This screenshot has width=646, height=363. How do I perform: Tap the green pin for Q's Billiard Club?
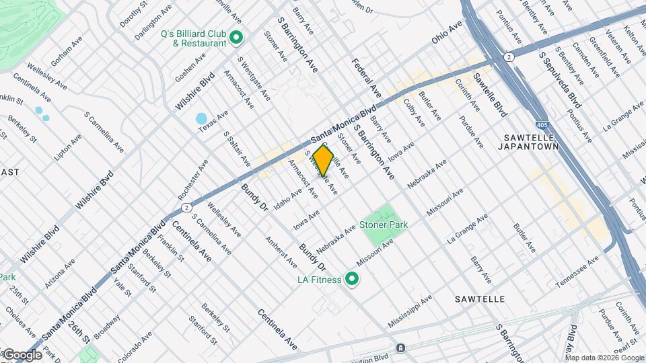pos(236,38)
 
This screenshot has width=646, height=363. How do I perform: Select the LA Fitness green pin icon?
pos(351,278)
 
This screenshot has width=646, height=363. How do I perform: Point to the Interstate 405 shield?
pos(542,125)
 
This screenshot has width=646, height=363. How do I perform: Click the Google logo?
pos(22,355)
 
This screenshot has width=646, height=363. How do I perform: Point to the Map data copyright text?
pos(605,357)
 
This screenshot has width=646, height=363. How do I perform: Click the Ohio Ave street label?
pos(447,32)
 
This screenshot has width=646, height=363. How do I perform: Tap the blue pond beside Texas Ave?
pos(201,119)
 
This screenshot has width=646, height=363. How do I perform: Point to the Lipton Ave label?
pos(68,146)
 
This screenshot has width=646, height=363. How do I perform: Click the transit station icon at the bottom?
pos(400,348)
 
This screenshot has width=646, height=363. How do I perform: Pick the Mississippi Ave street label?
pos(410,312)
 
